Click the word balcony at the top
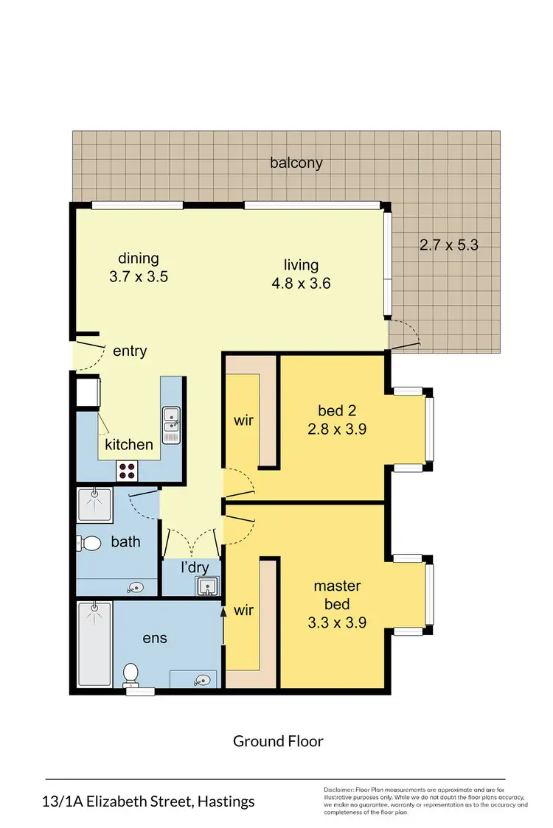pyautogui.click(x=296, y=163)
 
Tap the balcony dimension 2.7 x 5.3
pyautogui.click(x=449, y=245)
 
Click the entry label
pyautogui.click(x=130, y=351)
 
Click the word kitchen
pyautogui.click(x=129, y=444)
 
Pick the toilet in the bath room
pyautogui.click(x=89, y=543)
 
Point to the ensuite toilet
pyautogui.click(x=131, y=673)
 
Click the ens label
pyautogui.click(x=155, y=638)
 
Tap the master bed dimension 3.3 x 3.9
pyautogui.click(x=337, y=622)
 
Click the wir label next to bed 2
pyautogui.click(x=244, y=421)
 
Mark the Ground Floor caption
pyautogui.click(x=278, y=741)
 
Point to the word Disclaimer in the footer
pyautogui.click(x=339, y=790)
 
